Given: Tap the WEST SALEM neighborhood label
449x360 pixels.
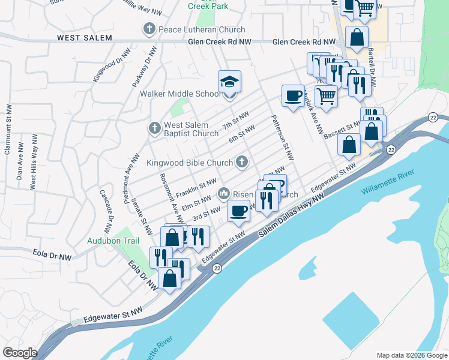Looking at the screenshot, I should pyautogui.click(x=85, y=38).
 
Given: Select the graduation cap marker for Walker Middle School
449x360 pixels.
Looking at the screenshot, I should pyautogui.click(x=229, y=82).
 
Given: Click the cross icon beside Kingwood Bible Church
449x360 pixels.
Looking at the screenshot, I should pyautogui.click(x=241, y=161).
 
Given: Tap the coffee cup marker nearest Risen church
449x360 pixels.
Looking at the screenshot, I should pyautogui.click(x=238, y=211).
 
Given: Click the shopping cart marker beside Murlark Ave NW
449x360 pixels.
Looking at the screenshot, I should pyautogui.click(x=326, y=95).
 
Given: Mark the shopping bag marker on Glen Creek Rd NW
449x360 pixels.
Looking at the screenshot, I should pyautogui.click(x=357, y=37).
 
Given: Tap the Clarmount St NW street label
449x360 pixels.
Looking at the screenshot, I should pyautogui.click(x=8, y=130).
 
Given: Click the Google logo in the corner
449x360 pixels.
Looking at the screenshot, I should pyautogui.click(x=20, y=353).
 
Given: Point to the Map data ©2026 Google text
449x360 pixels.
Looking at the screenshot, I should pyautogui.click(x=411, y=355).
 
